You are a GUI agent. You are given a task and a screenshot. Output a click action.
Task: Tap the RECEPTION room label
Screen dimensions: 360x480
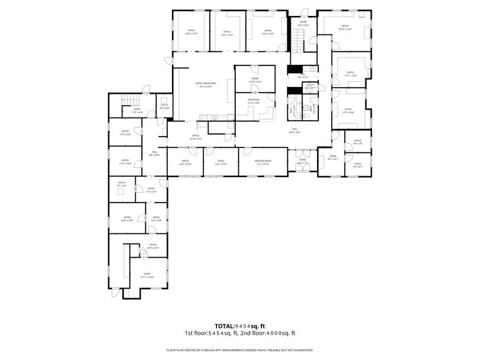(x=253, y=99)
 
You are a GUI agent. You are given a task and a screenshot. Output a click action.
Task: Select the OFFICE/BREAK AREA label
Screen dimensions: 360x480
(x=203, y=83)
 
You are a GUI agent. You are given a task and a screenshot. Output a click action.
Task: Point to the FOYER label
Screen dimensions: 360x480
(x=302, y=161)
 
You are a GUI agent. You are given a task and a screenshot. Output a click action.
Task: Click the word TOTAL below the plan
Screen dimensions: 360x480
(x=225, y=326)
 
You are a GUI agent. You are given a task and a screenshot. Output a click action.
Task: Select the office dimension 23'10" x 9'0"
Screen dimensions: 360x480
(x=196, y=139)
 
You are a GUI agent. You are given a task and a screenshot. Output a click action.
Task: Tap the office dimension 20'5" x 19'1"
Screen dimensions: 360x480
(x=152, y=248)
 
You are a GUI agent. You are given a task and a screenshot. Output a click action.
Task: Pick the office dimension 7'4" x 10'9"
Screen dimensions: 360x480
(x=156, y=220)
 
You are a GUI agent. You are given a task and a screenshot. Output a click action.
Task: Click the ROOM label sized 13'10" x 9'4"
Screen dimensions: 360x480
(x=255, y=81)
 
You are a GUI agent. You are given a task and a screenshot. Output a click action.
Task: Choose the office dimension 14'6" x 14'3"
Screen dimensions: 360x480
(x=268, y=34)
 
